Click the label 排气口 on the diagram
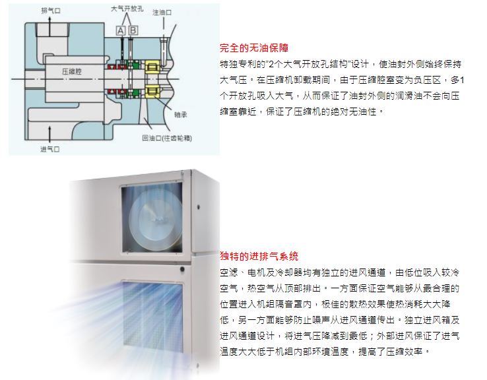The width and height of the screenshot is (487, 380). click(x=51, y=11)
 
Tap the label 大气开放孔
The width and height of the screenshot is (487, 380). click(x=127, y=9)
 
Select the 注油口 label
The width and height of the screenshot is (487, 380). click(x=162, y=13)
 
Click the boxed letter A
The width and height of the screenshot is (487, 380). click(x=121, y=30)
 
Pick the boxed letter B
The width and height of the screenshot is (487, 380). click(x=133, y=30)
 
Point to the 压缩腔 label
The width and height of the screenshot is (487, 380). click(x=72, y=71)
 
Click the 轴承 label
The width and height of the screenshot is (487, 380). click(x=180, y=115)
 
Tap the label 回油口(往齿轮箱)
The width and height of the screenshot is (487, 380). click(x=167, y=138)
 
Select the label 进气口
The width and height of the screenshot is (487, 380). click(x=49, y=149)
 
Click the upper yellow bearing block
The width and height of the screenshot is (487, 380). click(x=152, y=67)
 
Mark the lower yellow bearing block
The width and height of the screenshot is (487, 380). click(x=152, y=91)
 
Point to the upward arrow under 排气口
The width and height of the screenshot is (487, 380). click(x=49, y=26)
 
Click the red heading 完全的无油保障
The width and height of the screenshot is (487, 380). click(x=254, y=47)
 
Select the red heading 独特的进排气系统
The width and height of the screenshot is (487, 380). click(x=259, y=256)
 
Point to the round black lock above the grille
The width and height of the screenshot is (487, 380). click(x=182, y=269)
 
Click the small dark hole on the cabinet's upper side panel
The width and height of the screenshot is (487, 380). click(x=199, y=206)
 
